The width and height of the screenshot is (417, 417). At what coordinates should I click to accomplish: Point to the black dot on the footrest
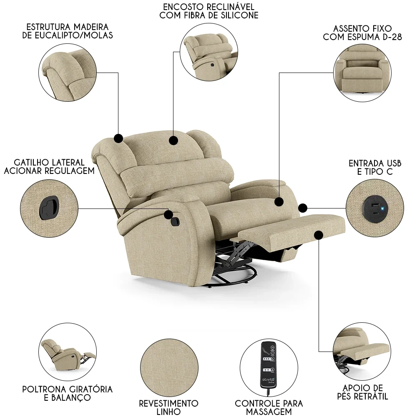[x=319, y=236]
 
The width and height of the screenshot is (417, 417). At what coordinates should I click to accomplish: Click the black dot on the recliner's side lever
[x=168, y=214]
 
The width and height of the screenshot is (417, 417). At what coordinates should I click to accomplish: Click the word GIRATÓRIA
[x=85, y=389]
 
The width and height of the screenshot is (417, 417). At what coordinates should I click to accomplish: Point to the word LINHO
[x=169, y=412]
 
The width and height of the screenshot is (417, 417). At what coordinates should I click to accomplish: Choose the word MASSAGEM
[x=269, y=412]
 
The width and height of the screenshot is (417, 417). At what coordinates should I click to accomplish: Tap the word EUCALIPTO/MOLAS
[x=78, y=35]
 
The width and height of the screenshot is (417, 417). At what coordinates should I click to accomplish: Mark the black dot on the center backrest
[x=173, y=140]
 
